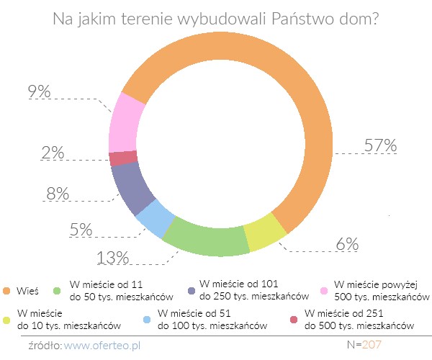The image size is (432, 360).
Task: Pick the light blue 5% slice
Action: pyautogui.click(x=155, y=220)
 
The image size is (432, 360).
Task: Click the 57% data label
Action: pyautogui.click(x=379, y=145)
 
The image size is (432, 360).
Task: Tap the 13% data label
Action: pyautogui.click(x=112, y=257)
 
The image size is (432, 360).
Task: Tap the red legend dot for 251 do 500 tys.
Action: pyautogui.click(x=294, y=320)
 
